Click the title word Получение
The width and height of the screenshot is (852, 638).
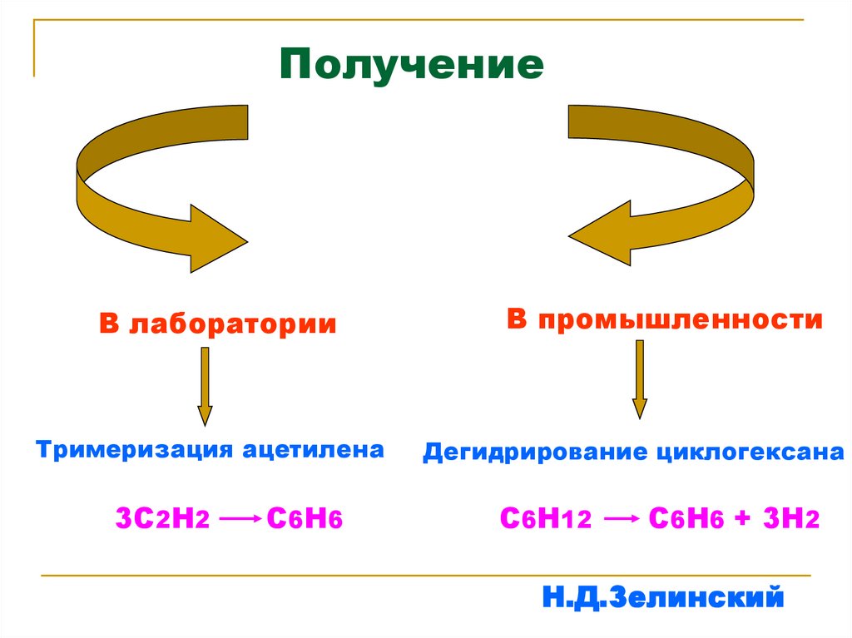click(411, 65)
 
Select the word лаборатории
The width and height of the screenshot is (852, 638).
click(233, 324)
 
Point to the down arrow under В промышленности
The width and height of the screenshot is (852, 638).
click(640, 378)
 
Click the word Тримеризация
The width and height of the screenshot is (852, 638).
click(134, 450)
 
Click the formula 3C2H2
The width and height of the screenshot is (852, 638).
click(166, 519)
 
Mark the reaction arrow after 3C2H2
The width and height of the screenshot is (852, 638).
click(241, 519)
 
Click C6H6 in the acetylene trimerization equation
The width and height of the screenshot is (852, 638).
click(305, 519)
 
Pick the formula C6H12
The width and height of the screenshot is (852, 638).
click(545, 519)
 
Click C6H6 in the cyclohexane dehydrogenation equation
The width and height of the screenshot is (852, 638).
click(686, 519)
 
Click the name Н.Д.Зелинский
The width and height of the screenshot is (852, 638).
click(662, 596)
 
